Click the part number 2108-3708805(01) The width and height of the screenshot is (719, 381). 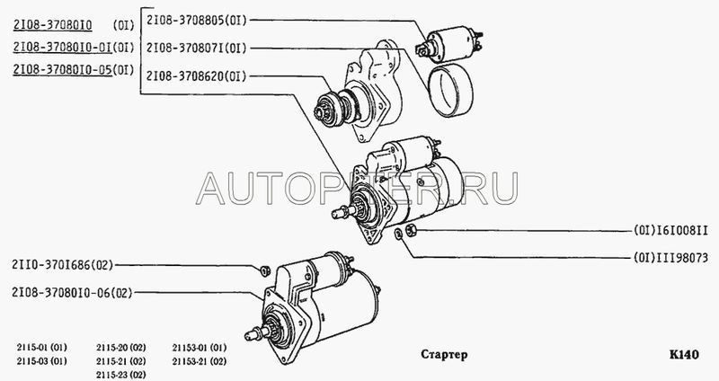[197, 20]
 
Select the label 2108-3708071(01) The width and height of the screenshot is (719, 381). [197, 48]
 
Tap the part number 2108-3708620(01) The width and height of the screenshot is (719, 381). [197, 76]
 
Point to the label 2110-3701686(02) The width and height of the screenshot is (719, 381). [62, 265]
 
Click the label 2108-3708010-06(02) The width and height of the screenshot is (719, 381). [72, 293]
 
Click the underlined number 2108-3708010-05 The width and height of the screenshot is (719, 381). [62, 70]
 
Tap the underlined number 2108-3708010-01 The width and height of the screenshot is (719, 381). [62, 47]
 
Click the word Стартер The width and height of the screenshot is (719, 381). [444, 354]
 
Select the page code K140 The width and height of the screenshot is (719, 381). [684, 354]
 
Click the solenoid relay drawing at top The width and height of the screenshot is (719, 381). [449, 43]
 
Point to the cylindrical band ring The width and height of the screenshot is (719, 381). [451, 92]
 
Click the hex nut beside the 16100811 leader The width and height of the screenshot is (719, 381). [411, 230]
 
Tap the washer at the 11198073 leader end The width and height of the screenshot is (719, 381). [399, 234]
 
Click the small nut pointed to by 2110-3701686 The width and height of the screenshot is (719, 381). [264, 271]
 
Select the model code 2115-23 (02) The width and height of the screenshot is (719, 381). [121, 375]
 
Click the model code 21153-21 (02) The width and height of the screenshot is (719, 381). [200, 361]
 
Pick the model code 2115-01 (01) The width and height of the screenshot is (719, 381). [41, 348]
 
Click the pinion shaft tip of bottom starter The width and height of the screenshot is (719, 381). [249, 335]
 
